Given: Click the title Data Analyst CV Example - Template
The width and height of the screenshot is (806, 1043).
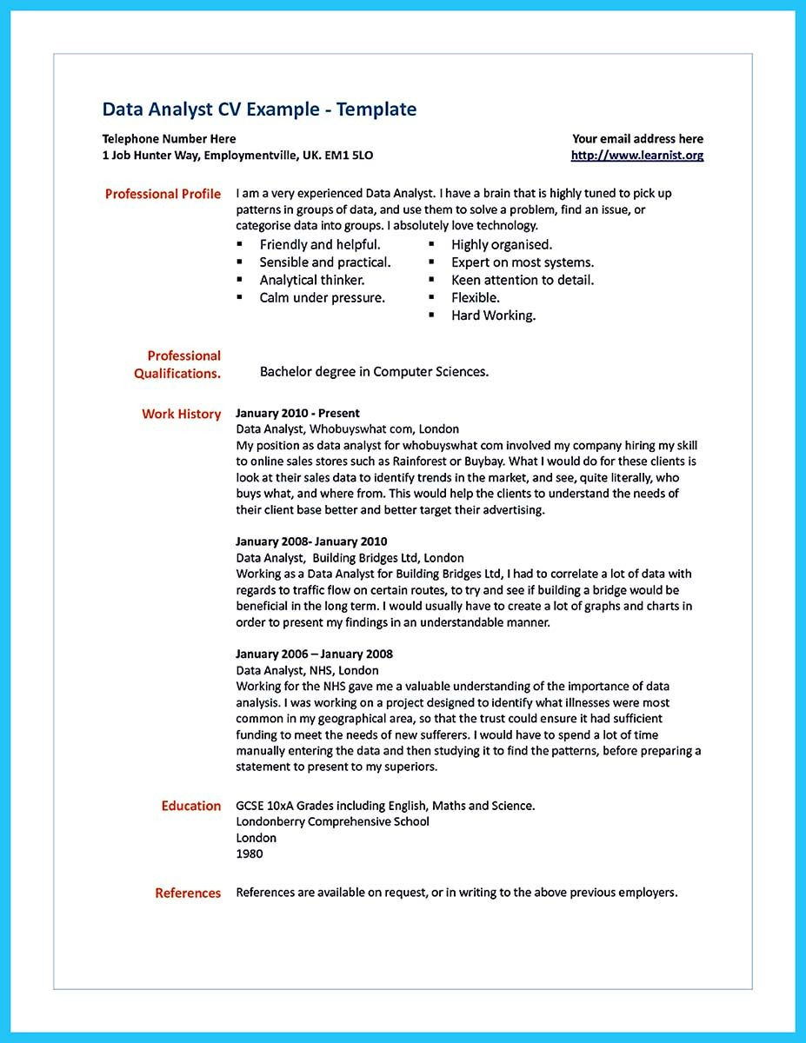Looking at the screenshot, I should coord(259,110).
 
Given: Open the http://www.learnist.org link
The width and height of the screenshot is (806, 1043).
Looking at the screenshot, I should coord(636,156).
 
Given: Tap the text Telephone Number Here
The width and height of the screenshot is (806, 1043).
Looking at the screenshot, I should coord(169,139).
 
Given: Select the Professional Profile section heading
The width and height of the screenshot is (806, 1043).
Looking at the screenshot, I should coord(163,194).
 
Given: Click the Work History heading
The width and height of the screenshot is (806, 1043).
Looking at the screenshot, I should coord(181,415).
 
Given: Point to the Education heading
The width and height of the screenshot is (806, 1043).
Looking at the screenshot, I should coord(190,806).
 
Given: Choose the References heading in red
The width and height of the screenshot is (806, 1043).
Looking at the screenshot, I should coord(188,893).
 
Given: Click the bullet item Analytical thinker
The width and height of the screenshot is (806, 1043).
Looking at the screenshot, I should coord(311,280).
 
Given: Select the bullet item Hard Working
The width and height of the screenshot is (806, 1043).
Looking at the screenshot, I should coord(493,316).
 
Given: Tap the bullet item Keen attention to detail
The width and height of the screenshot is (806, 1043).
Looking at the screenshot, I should coord(523,280).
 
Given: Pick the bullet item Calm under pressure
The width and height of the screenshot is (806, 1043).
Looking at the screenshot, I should coord(322,297).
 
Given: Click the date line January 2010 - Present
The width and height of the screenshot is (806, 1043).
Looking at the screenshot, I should coord(297,413).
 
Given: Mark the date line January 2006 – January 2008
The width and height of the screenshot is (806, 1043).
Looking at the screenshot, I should coord(314,654).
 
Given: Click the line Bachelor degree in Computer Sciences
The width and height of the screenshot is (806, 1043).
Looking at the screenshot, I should coord(374,372).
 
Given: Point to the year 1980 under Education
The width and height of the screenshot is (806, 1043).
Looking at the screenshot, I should coord(249,854).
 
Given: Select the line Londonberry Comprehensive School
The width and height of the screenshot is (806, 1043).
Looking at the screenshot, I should coord(332,821).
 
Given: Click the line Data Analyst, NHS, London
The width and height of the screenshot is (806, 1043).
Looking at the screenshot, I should coord(307,670).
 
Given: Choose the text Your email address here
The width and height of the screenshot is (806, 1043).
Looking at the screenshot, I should coord(637,139).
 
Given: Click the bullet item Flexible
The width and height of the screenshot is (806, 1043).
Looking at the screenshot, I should coord(475,297).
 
